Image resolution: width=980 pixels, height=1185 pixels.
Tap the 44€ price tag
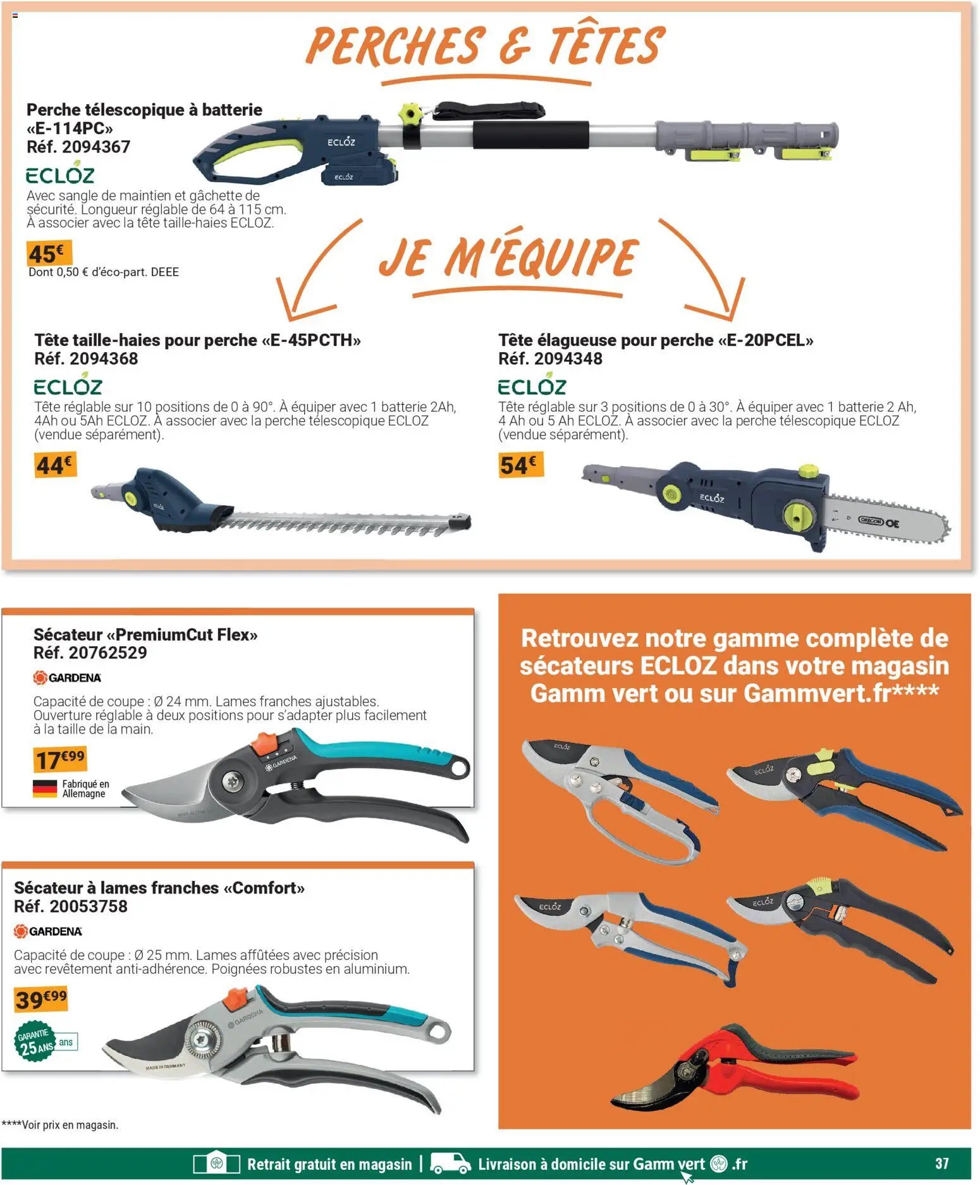(x=55, y=465)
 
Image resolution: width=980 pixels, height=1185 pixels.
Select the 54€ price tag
(x=520, y=465)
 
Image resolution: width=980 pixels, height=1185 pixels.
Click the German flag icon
(x=45, y=789)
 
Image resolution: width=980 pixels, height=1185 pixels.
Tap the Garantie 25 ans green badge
(x=35, y=1042)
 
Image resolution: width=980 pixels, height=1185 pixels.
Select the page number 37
(x=941, y=1163)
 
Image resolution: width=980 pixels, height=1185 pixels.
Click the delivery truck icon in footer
(x=450, y=1163)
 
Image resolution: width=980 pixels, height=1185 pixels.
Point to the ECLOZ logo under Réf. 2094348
(x=532, y=385)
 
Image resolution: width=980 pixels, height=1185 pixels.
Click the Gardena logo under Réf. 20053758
(x=48, y=931)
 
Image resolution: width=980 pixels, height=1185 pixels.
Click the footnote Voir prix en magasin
(x=61, y=1125)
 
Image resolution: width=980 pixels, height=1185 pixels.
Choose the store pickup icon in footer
(x=217, y=1163)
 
